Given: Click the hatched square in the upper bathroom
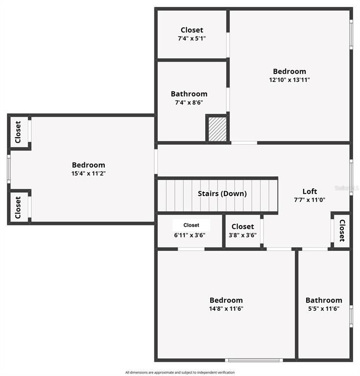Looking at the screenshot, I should pos(217,129).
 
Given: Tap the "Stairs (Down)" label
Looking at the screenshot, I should pos(222,194).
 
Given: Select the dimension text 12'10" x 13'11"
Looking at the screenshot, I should pos(289,80).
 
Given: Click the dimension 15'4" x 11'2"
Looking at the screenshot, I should pos(89,174).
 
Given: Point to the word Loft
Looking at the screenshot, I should pos(310,191).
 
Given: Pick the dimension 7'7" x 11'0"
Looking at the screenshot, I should pos(309,200).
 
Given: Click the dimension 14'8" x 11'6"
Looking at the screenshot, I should pos(226,309).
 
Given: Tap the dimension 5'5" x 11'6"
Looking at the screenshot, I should pos(324,309).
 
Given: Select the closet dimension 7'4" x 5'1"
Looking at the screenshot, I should pos(192,38).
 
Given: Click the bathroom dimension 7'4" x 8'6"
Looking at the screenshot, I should pos(189,102).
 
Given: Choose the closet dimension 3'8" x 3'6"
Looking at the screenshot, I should pos(242,235).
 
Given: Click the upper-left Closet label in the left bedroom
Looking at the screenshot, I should pos(18,132).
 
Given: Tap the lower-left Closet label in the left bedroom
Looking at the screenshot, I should pos(18,207).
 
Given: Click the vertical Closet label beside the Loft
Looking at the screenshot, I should pos(342,230).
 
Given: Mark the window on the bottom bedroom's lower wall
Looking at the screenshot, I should pos(255,360).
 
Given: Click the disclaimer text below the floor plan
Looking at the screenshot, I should pos(180,373).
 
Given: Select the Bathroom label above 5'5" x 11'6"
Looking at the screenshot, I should pos(324,300).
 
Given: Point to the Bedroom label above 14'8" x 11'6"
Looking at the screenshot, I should pos(226,300).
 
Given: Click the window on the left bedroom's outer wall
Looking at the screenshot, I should pos(9,169).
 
